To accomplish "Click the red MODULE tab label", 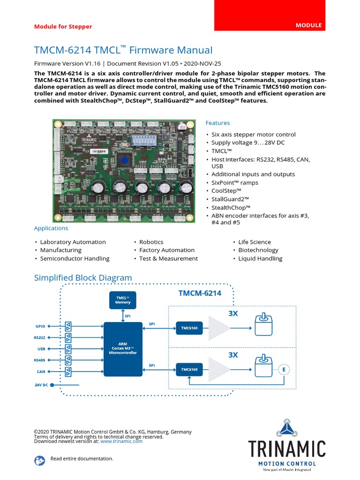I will tap(308, 25).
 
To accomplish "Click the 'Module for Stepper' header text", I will tap(63, 26).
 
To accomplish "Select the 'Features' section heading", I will tap(217, 123).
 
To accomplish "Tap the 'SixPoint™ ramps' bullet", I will tap(232, 182).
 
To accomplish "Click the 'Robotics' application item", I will tap(151, 242).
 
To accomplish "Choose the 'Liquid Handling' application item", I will tap(260, 258).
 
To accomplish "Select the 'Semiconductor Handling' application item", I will tap(75, 258).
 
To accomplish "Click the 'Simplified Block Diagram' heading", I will tap(83, 277).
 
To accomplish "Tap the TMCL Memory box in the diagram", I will tap(123, 300).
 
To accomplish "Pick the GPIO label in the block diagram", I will tap(40, 326).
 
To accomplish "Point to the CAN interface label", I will tap(41, 372).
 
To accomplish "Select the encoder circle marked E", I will tap(284, 370).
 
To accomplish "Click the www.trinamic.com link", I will tap(121, 441).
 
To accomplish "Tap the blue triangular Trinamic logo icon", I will tap(286, 428).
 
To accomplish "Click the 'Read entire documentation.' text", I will tap(82, 458).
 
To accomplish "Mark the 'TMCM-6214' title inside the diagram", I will tap(200, 293).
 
